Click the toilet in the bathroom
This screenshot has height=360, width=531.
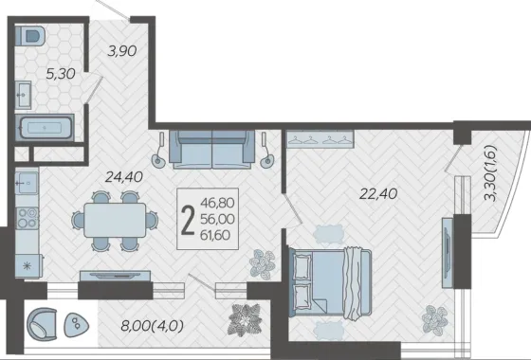(30, 35)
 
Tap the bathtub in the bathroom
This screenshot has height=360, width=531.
(45, 128)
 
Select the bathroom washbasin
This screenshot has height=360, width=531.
(23, 95)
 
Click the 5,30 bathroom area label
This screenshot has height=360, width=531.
(61, 74)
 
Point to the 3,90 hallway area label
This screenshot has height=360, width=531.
(122, 51)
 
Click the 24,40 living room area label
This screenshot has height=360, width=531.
(124, 176)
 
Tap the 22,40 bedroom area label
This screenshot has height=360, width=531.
(378, 194)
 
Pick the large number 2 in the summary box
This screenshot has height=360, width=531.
(188, 220)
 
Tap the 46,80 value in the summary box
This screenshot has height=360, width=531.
(217, 203)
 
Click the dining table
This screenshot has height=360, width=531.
(115, 220)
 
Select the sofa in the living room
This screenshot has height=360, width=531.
(212, 150)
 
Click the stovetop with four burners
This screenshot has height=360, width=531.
(27, 218)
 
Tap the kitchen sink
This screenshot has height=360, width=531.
(27, 183)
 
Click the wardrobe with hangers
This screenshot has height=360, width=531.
(320, 139)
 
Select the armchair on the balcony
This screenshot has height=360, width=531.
(42, 324)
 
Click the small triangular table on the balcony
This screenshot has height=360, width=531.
(76, 325)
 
